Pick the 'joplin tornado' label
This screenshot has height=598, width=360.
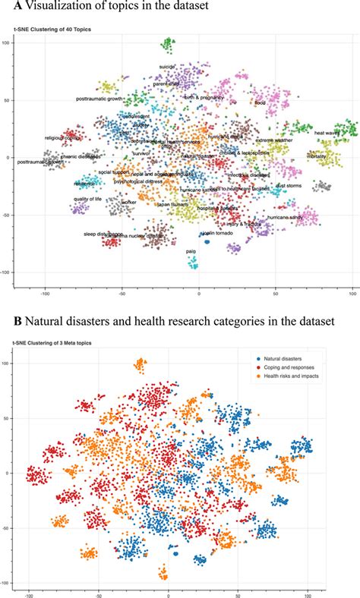click(x=217, y=233)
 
